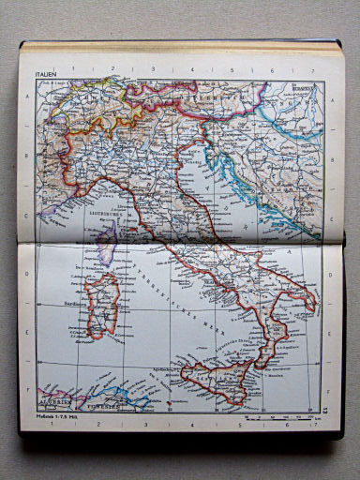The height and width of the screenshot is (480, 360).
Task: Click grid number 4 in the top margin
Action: tap(188, 69)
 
